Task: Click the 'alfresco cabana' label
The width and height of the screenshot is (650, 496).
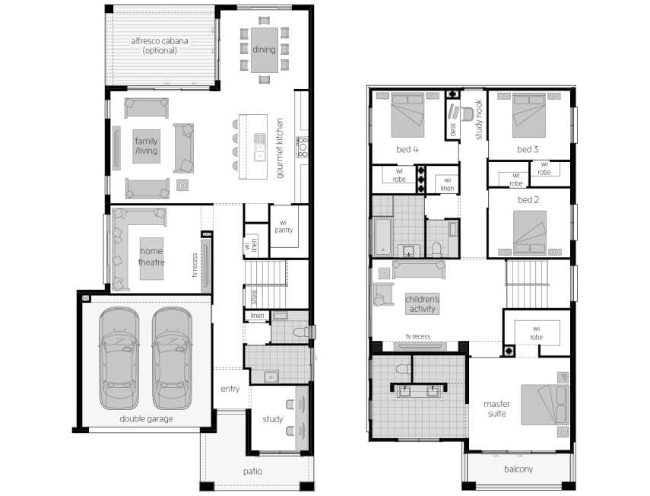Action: [x=160, y=41]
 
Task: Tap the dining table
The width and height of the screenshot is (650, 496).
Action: [x=264, y=49]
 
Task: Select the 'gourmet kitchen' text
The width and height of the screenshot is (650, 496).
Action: [x=280, y=148]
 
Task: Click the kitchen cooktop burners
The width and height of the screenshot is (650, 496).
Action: [x=303, y=147]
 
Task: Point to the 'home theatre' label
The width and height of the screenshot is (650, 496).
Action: [x=151, y=256]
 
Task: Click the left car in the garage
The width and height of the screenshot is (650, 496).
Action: [x=119, y=358]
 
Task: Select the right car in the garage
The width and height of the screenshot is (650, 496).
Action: [x=172, y=358]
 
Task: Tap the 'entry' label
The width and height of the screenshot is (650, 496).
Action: [x=230, y=389]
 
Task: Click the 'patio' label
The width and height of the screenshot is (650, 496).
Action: [x=253, y=472]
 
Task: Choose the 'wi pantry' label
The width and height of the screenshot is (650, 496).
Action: [x=284, y=227]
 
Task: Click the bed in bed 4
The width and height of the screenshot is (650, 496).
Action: [x=407, y=116]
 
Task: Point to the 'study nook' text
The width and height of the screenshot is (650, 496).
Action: [x=479, y=119]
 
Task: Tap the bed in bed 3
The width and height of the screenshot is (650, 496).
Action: [x=528, y=116]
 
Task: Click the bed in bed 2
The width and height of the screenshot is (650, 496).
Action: [x=529, y=233]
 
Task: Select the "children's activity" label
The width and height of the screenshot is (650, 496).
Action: [x=423, y=304]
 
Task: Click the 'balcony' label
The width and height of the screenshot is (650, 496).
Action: [x=518, y=469]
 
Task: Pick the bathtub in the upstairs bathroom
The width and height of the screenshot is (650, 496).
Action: [x=383, y=237]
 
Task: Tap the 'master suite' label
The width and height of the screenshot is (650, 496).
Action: [x=496, y=409]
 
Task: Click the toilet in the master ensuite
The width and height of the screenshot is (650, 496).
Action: [x=404, y=369]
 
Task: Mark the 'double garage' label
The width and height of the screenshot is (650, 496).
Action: [x=146, y=419]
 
